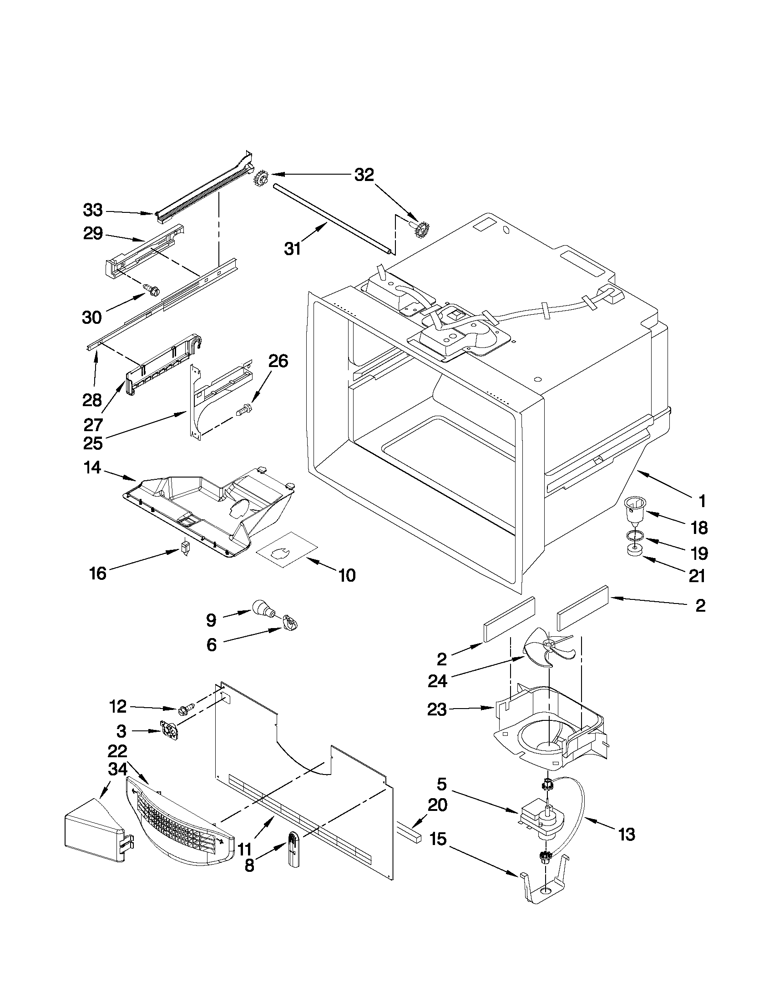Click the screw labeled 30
click(x=152, y=289)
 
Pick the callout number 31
click(x=292, y=249)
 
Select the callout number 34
click(x=117, y=770)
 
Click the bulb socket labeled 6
click(x=289, y=624)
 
